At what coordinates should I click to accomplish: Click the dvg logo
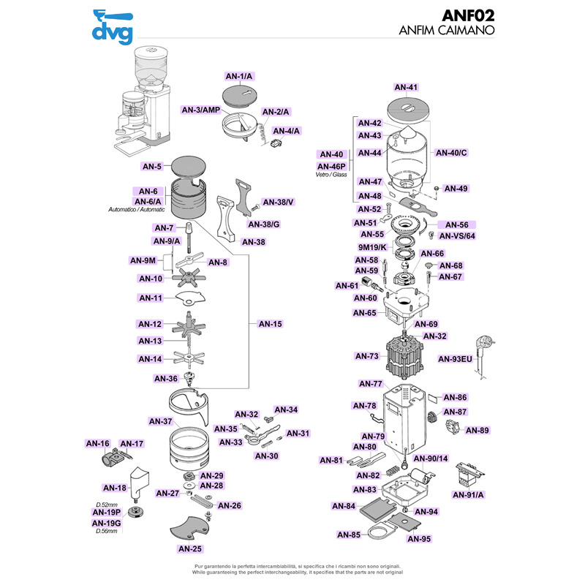click(x=112, y=26)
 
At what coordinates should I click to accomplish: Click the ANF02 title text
click(x=468, y=16)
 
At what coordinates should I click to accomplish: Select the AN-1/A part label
click(x=238, y=76)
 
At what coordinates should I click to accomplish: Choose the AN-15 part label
click(x=270, y=324)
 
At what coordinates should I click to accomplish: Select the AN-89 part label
click(x=477, y=431)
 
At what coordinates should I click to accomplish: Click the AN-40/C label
click(x=451, y=153)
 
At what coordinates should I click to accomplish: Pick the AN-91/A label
click(x=469, y=495)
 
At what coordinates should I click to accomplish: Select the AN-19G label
click(x=106, y=523)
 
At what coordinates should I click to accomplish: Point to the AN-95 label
click(x=419, y=539)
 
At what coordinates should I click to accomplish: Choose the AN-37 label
click(x=160, y=421)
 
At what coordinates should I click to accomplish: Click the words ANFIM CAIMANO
click(x=448, y=31)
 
